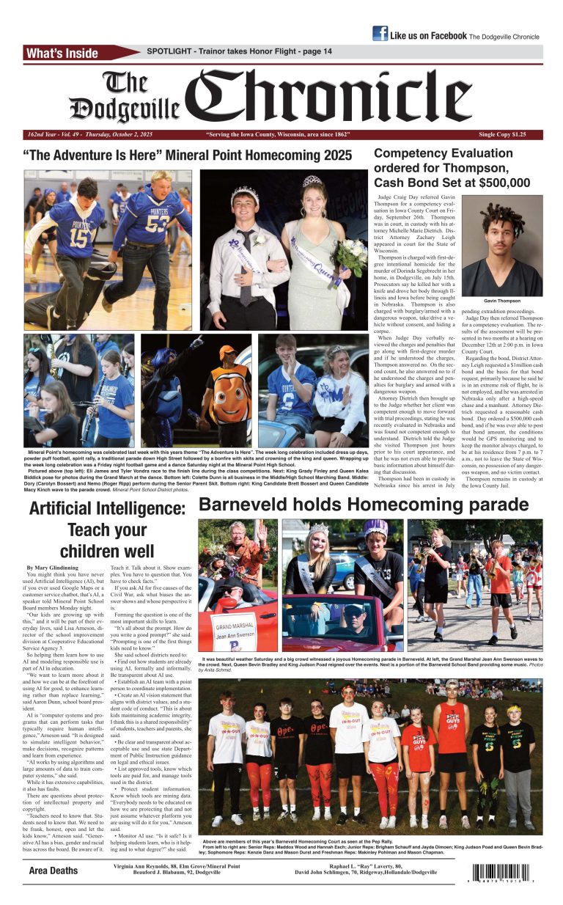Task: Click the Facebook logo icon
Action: (x=380, y=33)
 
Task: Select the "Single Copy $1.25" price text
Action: (x=501, y=135)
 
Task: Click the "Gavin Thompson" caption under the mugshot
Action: (x=502, y=301)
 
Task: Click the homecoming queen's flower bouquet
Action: (x=338, y=254)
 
